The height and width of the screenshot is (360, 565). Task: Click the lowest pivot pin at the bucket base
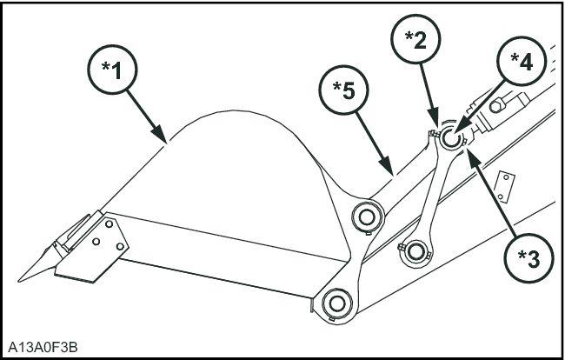click(x=335, y=303)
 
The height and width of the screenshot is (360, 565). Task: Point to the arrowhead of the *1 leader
click(x=166, y=140)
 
